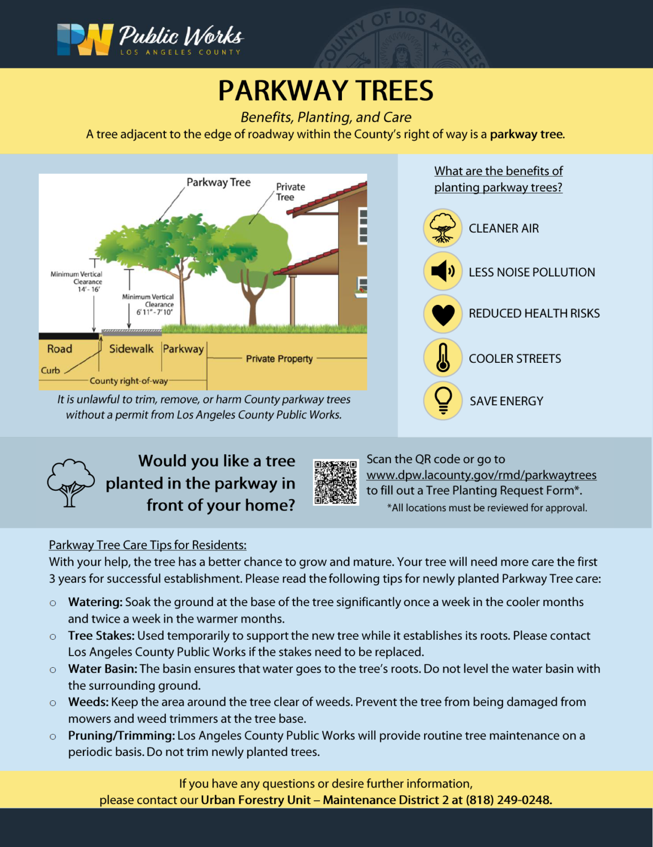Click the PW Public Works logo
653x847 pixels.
149,40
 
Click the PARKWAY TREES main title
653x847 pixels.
325,91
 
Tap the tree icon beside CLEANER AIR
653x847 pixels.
442,228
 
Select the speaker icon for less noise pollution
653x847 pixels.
442,271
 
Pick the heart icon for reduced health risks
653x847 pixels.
442,314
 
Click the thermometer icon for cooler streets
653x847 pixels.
442,358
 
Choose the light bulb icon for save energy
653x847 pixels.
442,400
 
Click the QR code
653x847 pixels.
335,483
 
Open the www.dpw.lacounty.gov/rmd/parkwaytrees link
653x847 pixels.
481,475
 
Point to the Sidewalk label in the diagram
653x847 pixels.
131,349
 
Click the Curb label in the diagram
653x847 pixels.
50,371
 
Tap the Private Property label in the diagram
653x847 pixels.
279,358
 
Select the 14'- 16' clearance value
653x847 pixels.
88,290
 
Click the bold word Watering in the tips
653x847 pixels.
95,602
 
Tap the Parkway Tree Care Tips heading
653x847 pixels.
147,545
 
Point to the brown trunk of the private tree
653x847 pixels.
253,303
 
